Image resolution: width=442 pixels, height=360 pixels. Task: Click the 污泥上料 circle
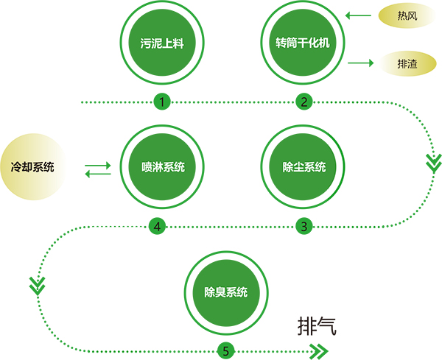[161, 43]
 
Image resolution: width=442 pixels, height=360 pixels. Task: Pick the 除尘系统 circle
[304, 166]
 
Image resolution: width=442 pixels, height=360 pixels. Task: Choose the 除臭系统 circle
[225, 292]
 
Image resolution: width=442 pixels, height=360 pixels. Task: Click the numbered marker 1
[161, 102]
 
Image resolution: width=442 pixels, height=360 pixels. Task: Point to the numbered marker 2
[304, 102]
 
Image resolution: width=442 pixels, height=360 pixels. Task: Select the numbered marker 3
[304, 226]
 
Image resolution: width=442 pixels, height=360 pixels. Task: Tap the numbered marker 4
[157, 226]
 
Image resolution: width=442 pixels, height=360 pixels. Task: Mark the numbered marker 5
[225, 350]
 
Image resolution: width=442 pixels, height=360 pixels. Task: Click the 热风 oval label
[407, 15]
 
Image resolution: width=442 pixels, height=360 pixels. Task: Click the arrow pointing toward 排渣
[359, 63]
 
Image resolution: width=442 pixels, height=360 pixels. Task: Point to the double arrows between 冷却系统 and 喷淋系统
[98, 168]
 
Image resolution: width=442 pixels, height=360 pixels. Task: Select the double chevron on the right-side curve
[433, 162]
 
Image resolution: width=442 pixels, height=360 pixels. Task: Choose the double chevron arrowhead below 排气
[319, 350]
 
